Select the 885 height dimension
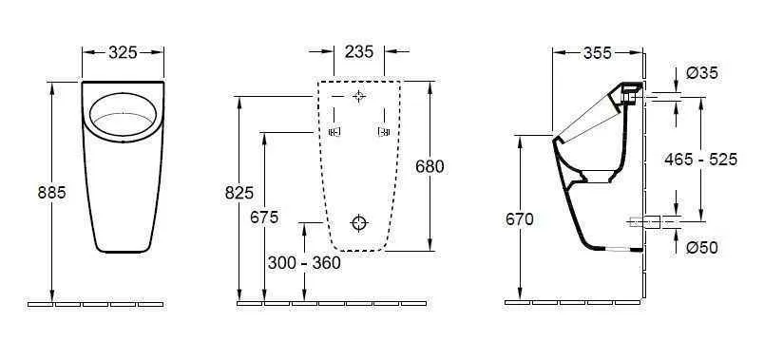click(51, 192)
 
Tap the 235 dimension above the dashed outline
click(359, 51)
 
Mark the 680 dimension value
click(430, 166)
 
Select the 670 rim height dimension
click(520, 218)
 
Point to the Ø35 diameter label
click(701, 73)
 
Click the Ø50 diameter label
click(701, 248)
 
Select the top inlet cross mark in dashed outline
click(358, 97)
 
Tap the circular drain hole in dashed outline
click(358, 222)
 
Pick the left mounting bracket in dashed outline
click(334, 132)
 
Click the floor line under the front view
click(96, 304)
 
